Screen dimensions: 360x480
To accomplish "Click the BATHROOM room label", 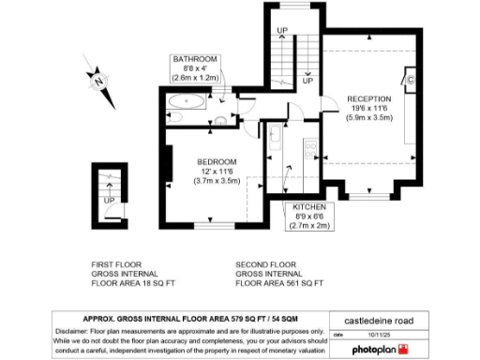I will (194, 59).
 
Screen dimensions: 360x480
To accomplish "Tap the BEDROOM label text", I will (217, 162).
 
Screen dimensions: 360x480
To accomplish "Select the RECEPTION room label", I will (369, 98).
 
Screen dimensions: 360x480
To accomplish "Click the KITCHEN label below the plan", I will (309, 206).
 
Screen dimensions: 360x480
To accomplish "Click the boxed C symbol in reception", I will (410, 81).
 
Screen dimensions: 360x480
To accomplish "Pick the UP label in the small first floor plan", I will (110, 200).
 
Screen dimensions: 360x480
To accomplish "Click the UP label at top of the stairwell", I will (281, 31).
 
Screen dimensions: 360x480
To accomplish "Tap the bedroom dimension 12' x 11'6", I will (217, 172).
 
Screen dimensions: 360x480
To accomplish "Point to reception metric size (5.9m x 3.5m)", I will (369, 118).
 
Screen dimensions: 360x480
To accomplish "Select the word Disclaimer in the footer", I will (78, 332).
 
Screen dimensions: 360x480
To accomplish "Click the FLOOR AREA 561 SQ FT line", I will (279, 282).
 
